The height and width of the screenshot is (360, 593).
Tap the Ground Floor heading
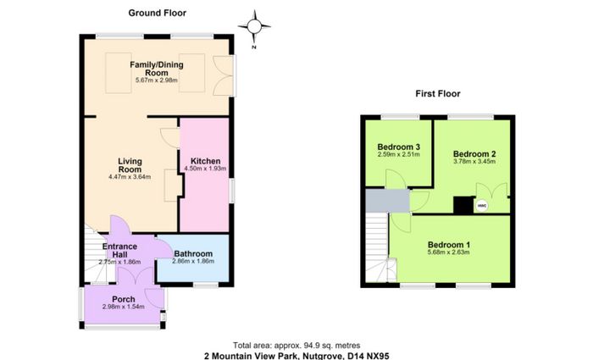[x=158, y=13]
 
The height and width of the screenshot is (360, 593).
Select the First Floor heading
[x=438, y=93]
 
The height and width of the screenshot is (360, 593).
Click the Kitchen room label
[x=205, y=161]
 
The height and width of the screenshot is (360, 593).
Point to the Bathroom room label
[x=193, y=254]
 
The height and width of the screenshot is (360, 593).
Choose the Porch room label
[x=124, y=299]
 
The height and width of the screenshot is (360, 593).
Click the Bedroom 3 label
[x=399, y=147]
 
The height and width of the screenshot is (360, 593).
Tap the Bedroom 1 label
[x=449, y=245]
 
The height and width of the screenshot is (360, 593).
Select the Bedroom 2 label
[x=474, y=154]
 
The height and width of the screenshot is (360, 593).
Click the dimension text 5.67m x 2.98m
[x=157, y=80]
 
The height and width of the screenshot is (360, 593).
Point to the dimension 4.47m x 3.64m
[x=130, y=176]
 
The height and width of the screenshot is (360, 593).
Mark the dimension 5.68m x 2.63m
[x=449, y=252]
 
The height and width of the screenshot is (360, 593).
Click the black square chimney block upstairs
[x=463, y=205]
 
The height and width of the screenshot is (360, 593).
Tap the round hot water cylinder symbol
[x=482, y=206]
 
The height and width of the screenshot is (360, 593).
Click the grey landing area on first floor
[x=388, y=201]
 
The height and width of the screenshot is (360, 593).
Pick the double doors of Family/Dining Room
[x=223, y=75]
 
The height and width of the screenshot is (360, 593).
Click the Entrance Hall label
[x=120, y=251]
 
